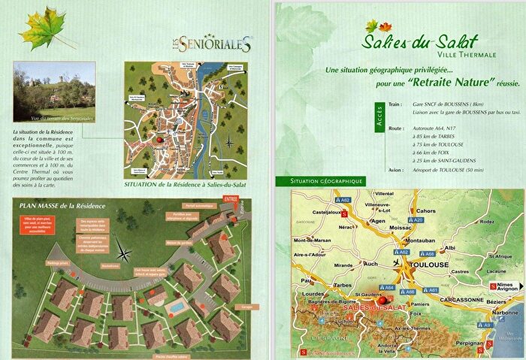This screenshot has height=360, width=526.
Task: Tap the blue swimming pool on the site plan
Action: click(176, 309)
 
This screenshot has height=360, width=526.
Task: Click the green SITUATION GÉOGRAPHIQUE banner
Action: click(322, 181)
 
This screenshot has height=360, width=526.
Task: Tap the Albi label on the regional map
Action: click(450, 247)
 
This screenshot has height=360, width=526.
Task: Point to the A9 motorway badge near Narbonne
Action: click(488, 325)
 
